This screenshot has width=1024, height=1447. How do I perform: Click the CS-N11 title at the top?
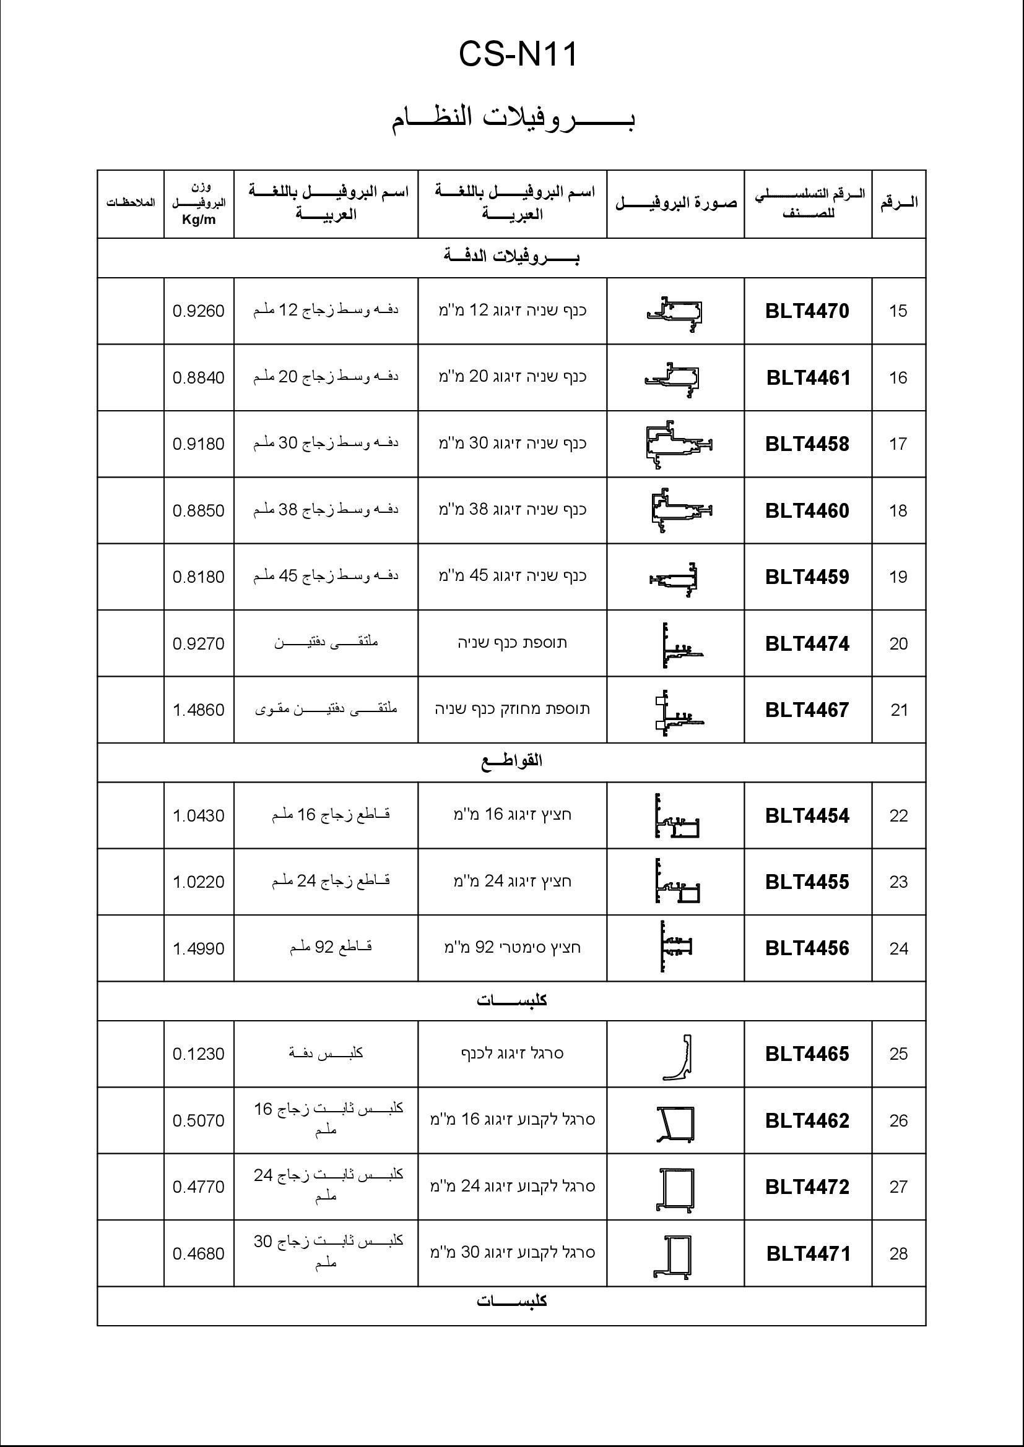point(517,54)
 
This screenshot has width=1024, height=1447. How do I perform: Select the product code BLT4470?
point(807,311)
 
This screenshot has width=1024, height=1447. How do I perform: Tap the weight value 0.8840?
point(199,378)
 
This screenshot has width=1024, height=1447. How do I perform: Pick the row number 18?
point(898,511)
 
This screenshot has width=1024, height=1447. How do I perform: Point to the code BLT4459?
point(807,577)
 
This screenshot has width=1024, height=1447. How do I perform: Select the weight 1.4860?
point(199,710)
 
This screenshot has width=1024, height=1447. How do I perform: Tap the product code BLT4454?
point(807,816)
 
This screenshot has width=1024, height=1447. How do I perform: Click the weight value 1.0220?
point(199,882)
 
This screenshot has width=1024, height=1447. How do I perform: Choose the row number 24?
point(898,949)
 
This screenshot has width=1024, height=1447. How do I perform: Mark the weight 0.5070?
point(199,1121)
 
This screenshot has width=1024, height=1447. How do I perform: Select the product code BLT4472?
point(807,1187)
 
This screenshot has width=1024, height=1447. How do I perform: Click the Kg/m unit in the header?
point(199,220)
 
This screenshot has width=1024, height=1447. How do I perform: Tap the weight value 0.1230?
point(199,1054)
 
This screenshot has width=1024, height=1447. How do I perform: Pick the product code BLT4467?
point(807,710)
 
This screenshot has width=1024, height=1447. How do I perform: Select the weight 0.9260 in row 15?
point(199,311)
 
